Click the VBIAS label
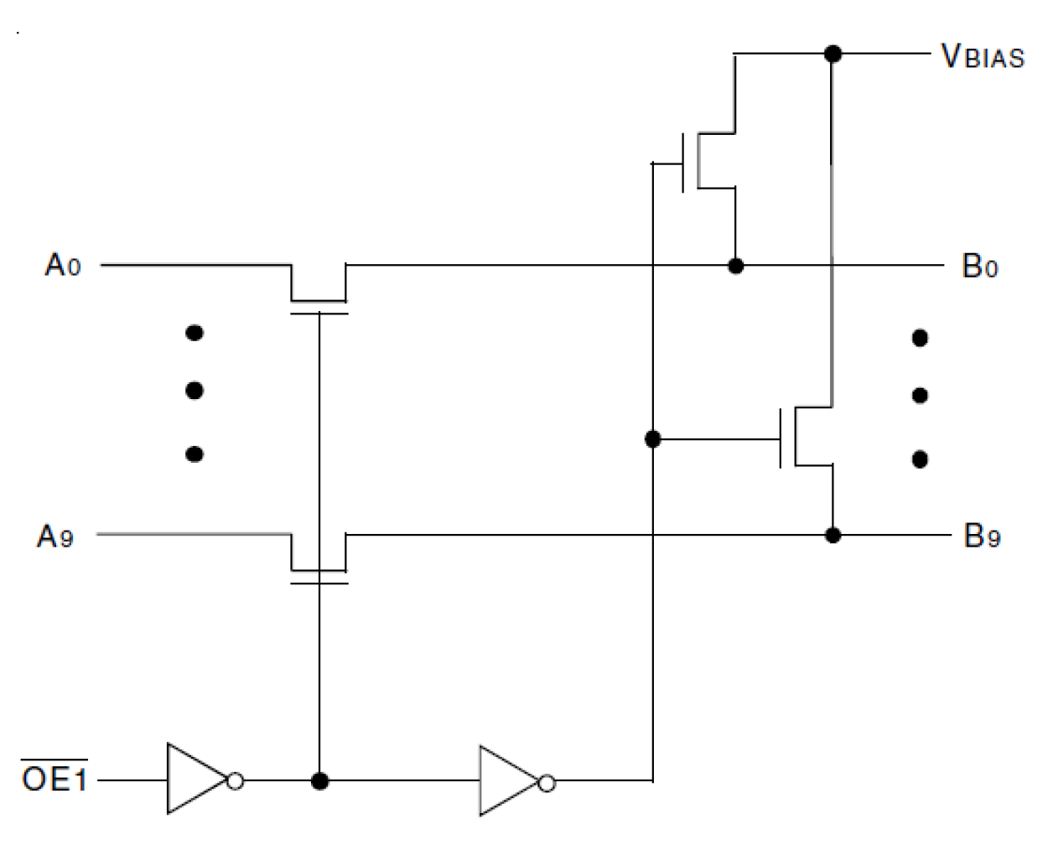pyautogui.click(x=983, y=56)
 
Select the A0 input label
pyautogui.click(x=63, y=266)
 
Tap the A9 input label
pyautogui.click(x=55, y=536)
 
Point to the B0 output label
pyautogui.click(x=980, y=267)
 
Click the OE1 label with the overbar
pyautogui.click(x=54, y=779)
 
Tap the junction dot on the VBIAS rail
pyautogui.click(x=833, y=54)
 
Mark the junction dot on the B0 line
pyautogui.click(x=735, y=267)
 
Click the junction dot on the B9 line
pyautogui.click(x=833, y=535)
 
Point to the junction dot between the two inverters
pyautogui.click(x=319, y=781)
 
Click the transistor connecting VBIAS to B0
pyautogui.click(x=709, y=161)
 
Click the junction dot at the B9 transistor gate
pyautogui.click(x=653, y=438)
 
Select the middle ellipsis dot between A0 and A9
pyautogui.click(x=195, y=391)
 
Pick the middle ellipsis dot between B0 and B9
pyautogui.click(x=920, y=395)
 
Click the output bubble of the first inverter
pyautogui.click(x=236, y=781)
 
